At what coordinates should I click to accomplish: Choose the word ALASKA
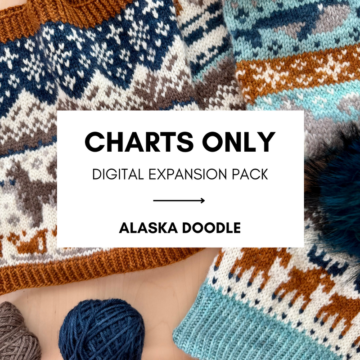point(146,228)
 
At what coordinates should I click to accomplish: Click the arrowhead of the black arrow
point(203,201)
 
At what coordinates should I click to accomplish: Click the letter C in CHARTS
point(94,141)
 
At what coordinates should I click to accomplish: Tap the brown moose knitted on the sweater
point(31,193)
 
